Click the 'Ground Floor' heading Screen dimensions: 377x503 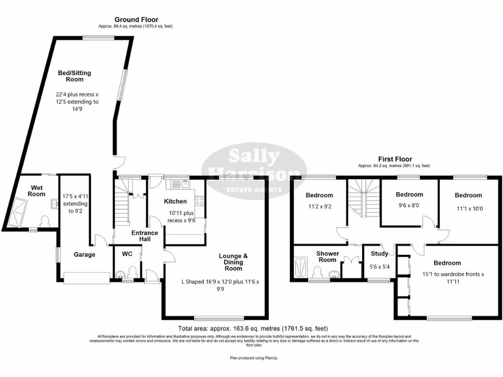click(x=137, y=20)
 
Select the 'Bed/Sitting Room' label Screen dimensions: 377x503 click(x=74, y=76)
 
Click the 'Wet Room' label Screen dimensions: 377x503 click(x=37, y=190)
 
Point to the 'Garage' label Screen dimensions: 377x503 click(x=84, y=255)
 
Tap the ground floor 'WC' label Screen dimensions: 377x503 click(x=127, y=254)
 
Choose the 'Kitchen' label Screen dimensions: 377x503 click(x=175, y=201)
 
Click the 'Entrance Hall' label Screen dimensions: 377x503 click(x=144, y=236)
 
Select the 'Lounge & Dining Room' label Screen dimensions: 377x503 click(x=233, y=262)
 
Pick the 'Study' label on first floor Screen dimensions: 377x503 click(x=379, y=254)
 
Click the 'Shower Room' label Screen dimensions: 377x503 click(x=327, y=257)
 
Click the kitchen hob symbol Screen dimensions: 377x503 click(x=200, y=200)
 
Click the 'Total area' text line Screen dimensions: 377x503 click(x=252, y=328)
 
